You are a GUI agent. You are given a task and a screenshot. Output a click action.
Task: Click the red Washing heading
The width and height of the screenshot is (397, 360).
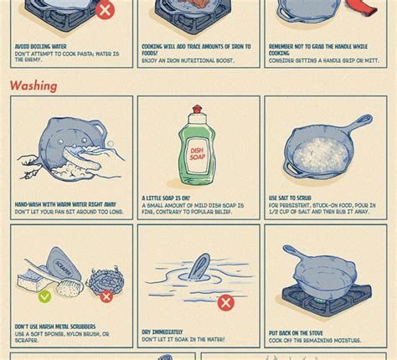34,85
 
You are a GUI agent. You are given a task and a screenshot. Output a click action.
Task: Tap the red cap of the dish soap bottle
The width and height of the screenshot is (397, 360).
197,111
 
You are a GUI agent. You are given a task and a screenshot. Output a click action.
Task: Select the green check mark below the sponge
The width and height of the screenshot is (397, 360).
44,296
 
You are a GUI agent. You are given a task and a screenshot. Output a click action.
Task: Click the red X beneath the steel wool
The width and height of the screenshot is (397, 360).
106,296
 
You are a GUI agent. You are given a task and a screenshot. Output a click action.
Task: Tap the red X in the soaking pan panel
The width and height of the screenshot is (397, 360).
225,302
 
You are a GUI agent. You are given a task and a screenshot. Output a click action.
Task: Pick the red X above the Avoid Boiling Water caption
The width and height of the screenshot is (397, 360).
105,10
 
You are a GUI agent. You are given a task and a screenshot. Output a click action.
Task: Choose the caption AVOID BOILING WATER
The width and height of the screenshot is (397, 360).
41,47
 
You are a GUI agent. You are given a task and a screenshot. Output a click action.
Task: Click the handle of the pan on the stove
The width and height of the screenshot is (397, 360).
296,254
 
